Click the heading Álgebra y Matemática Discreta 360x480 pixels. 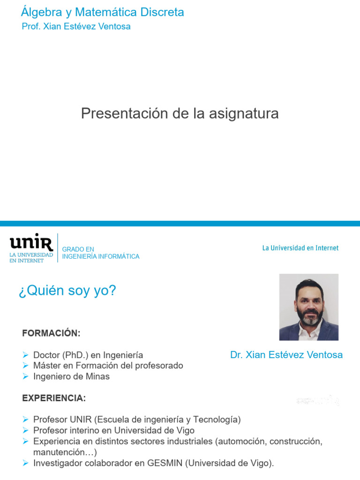pyautogui.click(x=102, y=12)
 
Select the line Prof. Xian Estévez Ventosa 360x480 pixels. pyautogui.click(x=76, y=26)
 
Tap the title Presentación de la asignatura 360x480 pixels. pyautogui.click(x=180, y=113)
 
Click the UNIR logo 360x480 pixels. pyautogui.click(x=31, y=247)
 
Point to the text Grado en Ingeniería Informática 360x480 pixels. pyautogui.click(x=100, y=253)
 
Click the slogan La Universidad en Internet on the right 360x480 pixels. pyautogui.click(x=300, y=248)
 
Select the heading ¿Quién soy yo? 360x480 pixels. pyautogui.click(x=67, y=291)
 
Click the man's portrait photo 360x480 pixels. pyautogui.click(x=308, y=307)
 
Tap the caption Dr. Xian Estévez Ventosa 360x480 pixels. pyautogui.click(x=286, y=355)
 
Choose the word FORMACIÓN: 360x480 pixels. pyautogui.click(x=51, y=333)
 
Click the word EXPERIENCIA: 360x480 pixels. pyautogui.click(x=54, y=398)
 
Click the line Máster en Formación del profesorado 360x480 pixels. pyautogui.click(x=108, y=366)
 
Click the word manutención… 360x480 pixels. pyautogui.click(x=65, y=452)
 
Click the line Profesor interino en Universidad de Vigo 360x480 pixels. pyautogui.click(x=114, y=430)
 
